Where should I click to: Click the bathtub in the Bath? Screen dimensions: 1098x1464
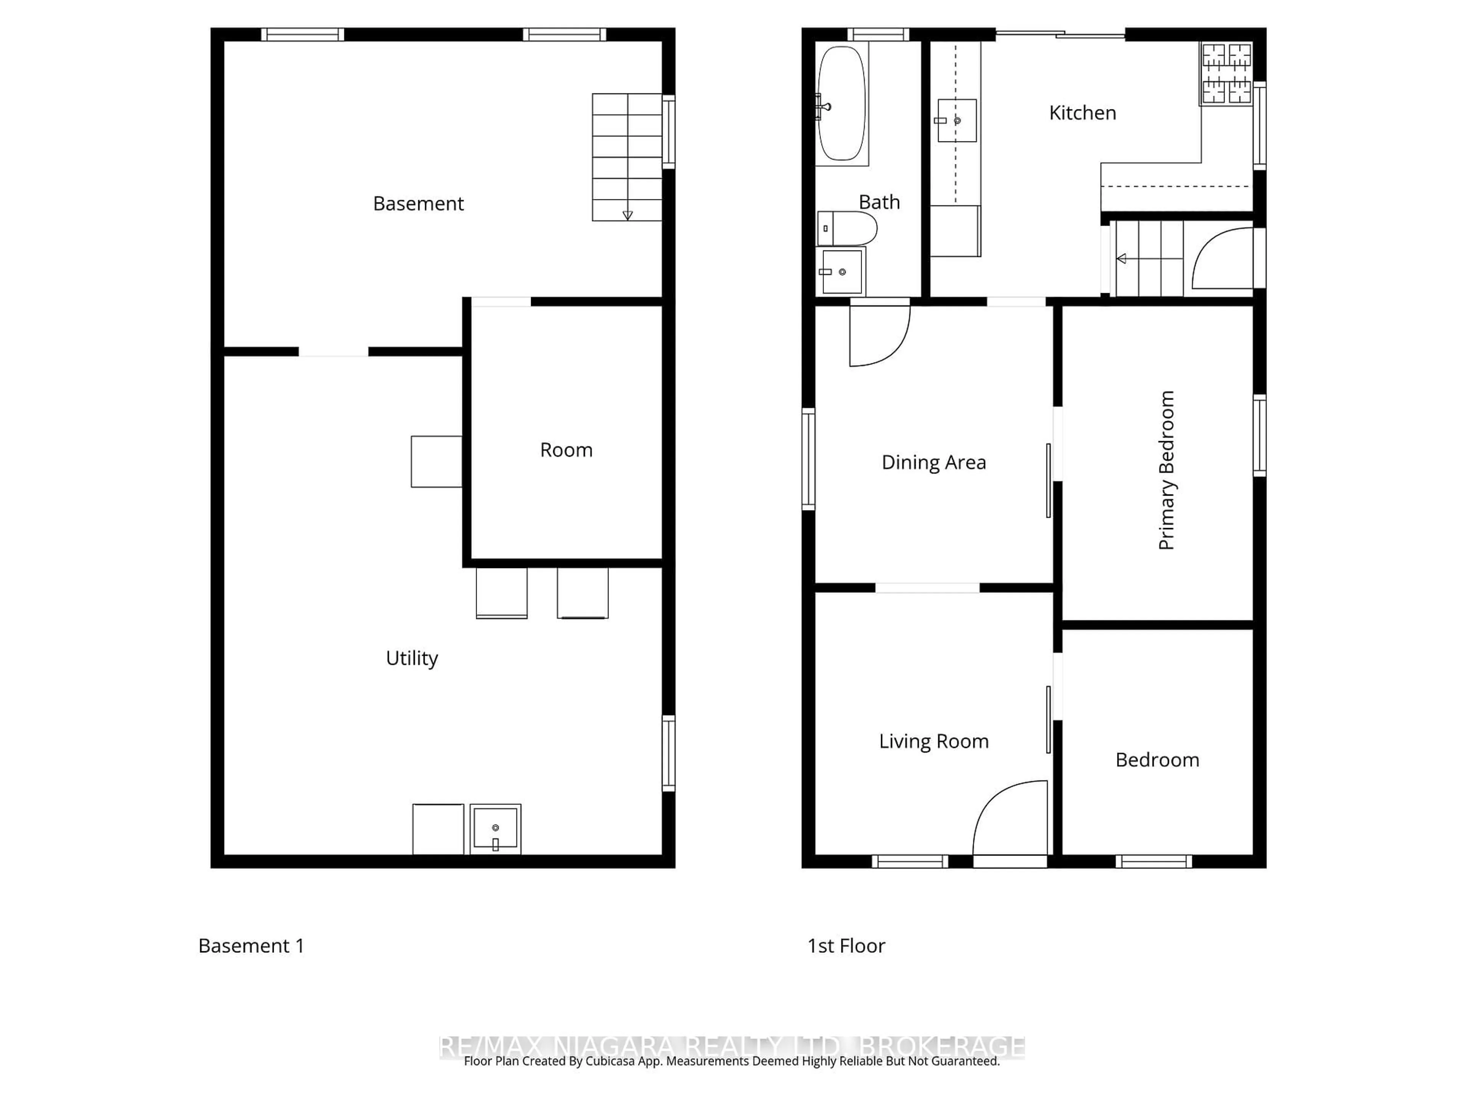click(841, 103)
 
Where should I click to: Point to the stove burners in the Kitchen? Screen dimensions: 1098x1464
click(1226, 74)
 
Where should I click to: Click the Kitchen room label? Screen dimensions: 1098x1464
click(1082, 113)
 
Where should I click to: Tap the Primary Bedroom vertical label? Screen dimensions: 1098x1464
click(1166, 470)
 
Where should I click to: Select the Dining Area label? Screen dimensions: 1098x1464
click(933, 462)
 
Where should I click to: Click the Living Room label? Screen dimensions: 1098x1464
click(933, 741)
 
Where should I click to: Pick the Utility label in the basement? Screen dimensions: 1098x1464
click(412, 658)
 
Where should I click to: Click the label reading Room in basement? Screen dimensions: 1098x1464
click(566, 450)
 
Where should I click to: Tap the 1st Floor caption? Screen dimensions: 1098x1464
click(846, 946)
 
